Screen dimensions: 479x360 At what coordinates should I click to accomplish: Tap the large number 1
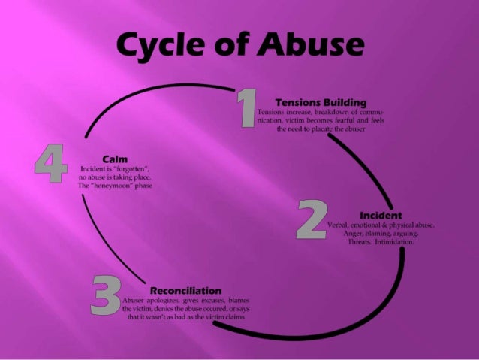[246, 110]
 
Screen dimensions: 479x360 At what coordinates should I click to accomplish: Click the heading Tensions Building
[321, 101]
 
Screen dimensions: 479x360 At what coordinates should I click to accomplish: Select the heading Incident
[381, 216]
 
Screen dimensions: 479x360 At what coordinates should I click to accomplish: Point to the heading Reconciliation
[185, 289]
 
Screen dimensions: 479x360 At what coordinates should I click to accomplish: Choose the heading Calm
[112, 159]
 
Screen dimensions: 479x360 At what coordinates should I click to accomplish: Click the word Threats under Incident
[360, 242]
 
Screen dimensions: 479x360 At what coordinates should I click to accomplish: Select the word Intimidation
[396, 242]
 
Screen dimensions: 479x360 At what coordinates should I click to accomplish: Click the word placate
[318, 129]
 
